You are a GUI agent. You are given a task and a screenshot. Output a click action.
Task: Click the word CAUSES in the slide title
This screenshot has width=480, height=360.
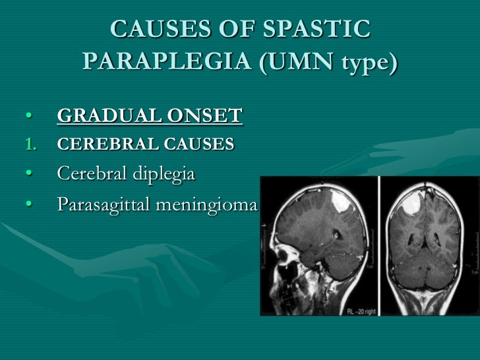pos(151,30)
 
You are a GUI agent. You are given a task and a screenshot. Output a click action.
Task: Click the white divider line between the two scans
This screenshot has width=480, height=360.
pos(379,244)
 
